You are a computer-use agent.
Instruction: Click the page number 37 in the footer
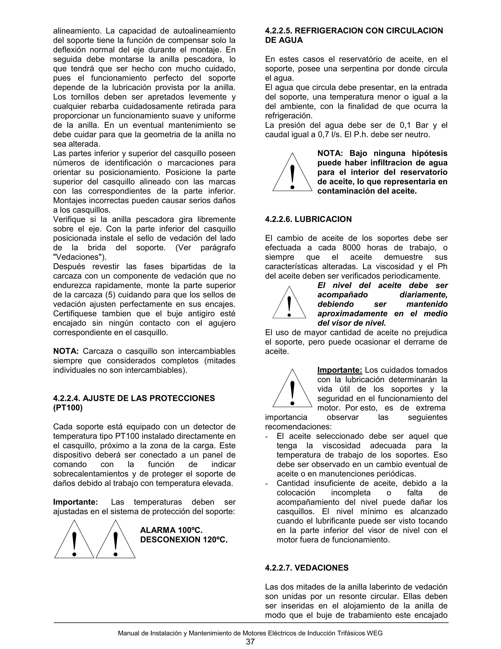tap(250, 641)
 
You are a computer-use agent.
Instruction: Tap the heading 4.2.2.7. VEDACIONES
tap(307, 568)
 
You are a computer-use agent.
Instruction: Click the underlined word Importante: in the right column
tap(340, 370)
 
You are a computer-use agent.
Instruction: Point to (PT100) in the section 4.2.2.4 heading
tap(68, 408)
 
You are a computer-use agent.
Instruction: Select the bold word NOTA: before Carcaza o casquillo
tap(66, 351)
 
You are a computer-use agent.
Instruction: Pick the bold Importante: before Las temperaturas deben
tap(75, 502)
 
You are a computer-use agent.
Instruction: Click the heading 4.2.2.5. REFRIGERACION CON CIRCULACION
tap(354, 31)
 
